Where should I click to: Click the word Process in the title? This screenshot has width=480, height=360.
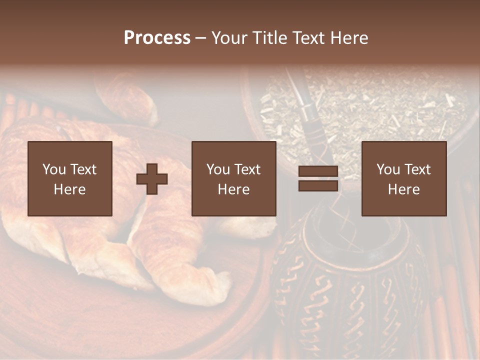click(x=157, y=38)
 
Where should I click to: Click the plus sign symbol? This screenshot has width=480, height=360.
click(x=152, y=179)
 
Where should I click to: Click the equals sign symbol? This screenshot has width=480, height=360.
click(x=318, y=178)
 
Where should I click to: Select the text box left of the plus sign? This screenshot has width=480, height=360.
click(x=70, y=178)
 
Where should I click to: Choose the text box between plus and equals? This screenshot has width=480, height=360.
click(x=233, y=178)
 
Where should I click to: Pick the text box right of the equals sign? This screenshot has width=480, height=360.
click(x=404, y=178)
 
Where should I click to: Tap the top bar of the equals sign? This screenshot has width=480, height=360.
click(x=318, y=171)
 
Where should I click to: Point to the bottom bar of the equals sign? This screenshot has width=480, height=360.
click(x=318, y=186)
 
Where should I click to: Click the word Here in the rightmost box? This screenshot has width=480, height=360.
click(x=403, y=189)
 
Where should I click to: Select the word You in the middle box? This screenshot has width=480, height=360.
click(x=218, y=169)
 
